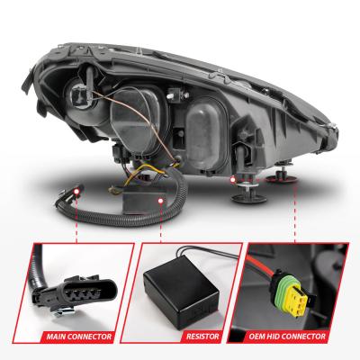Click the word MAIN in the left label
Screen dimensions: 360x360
56,337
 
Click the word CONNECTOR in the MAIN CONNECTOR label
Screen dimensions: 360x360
90,337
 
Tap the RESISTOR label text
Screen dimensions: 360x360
202,337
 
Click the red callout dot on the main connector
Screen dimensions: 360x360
76,191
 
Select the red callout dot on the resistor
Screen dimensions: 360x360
161,201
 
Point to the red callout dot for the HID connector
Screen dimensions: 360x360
232,180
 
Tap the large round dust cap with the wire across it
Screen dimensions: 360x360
138,119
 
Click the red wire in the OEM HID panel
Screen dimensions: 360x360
259,265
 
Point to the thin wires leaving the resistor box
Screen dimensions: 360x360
207,252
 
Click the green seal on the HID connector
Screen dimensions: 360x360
282,286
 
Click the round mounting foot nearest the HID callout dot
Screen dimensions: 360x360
248,196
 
